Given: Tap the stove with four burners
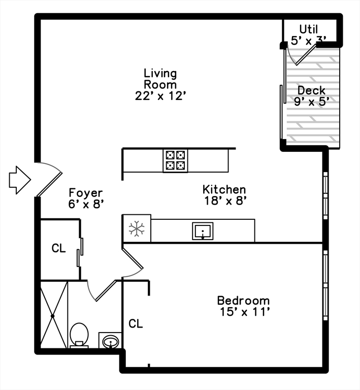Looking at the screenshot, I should point(175,160).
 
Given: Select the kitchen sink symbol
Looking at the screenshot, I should point(203,231).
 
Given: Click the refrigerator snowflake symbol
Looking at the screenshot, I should point(137,229).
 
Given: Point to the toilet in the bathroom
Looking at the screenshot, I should point(79,336).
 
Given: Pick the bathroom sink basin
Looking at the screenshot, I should point(110,342).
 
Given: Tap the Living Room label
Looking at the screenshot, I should point(160,79).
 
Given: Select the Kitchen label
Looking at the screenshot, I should point(224,189).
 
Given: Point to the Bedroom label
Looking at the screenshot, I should point(243,300).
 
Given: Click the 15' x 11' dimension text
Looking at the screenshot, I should point(243,312).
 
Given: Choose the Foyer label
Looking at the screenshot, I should point(86,193).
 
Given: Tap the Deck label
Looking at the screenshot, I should point(311,90).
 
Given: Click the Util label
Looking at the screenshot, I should point(309,29).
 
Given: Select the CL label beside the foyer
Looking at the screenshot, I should point(59,248).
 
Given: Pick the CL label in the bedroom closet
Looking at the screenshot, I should point(135,323).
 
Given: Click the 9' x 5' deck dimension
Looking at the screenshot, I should point(311,101).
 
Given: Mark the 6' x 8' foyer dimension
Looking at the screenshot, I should point(86,204).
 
